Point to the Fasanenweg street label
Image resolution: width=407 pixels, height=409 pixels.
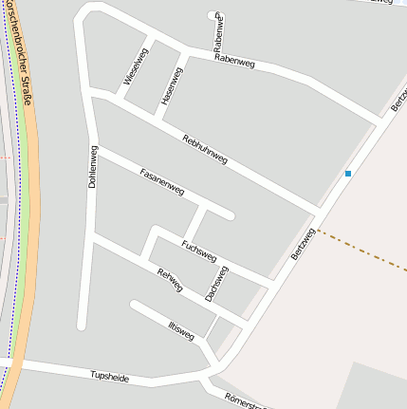[161, 182]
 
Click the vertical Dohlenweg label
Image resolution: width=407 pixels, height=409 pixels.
[93, 166]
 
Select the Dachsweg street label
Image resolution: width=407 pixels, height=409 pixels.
[216, 283]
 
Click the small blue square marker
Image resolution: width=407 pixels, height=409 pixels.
[348, 174]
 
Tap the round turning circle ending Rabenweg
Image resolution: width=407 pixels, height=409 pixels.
[212, 14]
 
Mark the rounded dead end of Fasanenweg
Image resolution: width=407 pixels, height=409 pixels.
[228, 214]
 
